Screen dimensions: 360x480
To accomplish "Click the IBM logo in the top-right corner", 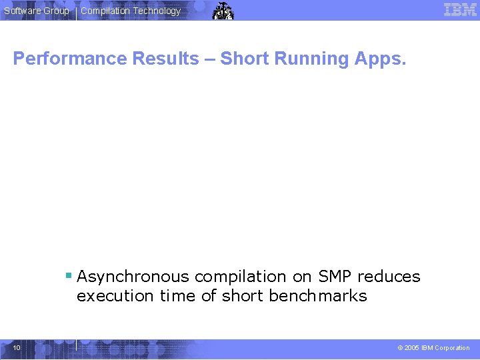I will point(460,10).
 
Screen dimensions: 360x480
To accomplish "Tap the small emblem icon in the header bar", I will point(223,11).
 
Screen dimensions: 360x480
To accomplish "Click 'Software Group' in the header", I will point(37,11).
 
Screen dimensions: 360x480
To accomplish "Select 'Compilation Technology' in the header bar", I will point(131,11).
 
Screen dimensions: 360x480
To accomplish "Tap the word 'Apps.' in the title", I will point(380,59).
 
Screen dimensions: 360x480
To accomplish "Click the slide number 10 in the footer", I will point(17,347).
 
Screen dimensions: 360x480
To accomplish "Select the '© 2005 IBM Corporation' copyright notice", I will point(433,348).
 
